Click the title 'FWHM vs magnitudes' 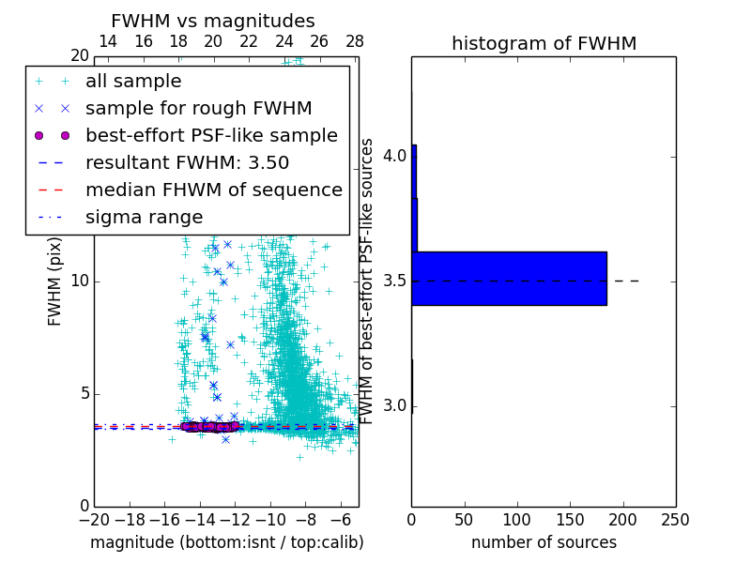tap(213, 21)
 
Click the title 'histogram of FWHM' tap(544, 43)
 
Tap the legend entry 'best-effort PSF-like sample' tap(211, 136)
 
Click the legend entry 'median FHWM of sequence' tap(213, 190)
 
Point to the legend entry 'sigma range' tap(144, 218)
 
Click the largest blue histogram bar tap(509, 279)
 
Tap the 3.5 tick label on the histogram tap(394, 281)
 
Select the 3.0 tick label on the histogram tap(394, 406)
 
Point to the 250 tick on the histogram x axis tap(675, 519)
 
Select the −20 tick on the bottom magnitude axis tap(94, 519)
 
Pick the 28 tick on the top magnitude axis tap(355, 41)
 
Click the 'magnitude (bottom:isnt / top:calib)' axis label tap(226, 542)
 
